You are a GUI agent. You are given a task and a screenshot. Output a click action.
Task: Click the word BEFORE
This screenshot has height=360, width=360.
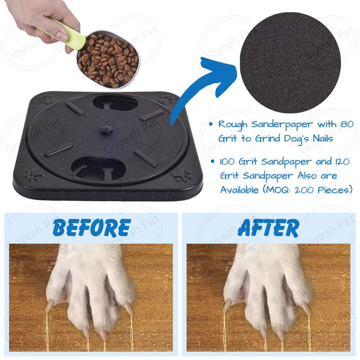(x=91, y=228)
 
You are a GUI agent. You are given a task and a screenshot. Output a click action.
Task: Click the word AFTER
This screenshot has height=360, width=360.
(x=268, y=228)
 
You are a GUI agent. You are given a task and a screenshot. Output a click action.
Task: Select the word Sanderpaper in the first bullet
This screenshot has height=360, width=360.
(x=274, y=125)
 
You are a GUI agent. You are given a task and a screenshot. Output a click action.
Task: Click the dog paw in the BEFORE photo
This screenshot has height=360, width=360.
(x=90, y=292)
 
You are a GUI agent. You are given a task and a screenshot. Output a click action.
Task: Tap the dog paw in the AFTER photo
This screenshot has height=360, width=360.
(x=267, y=292)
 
